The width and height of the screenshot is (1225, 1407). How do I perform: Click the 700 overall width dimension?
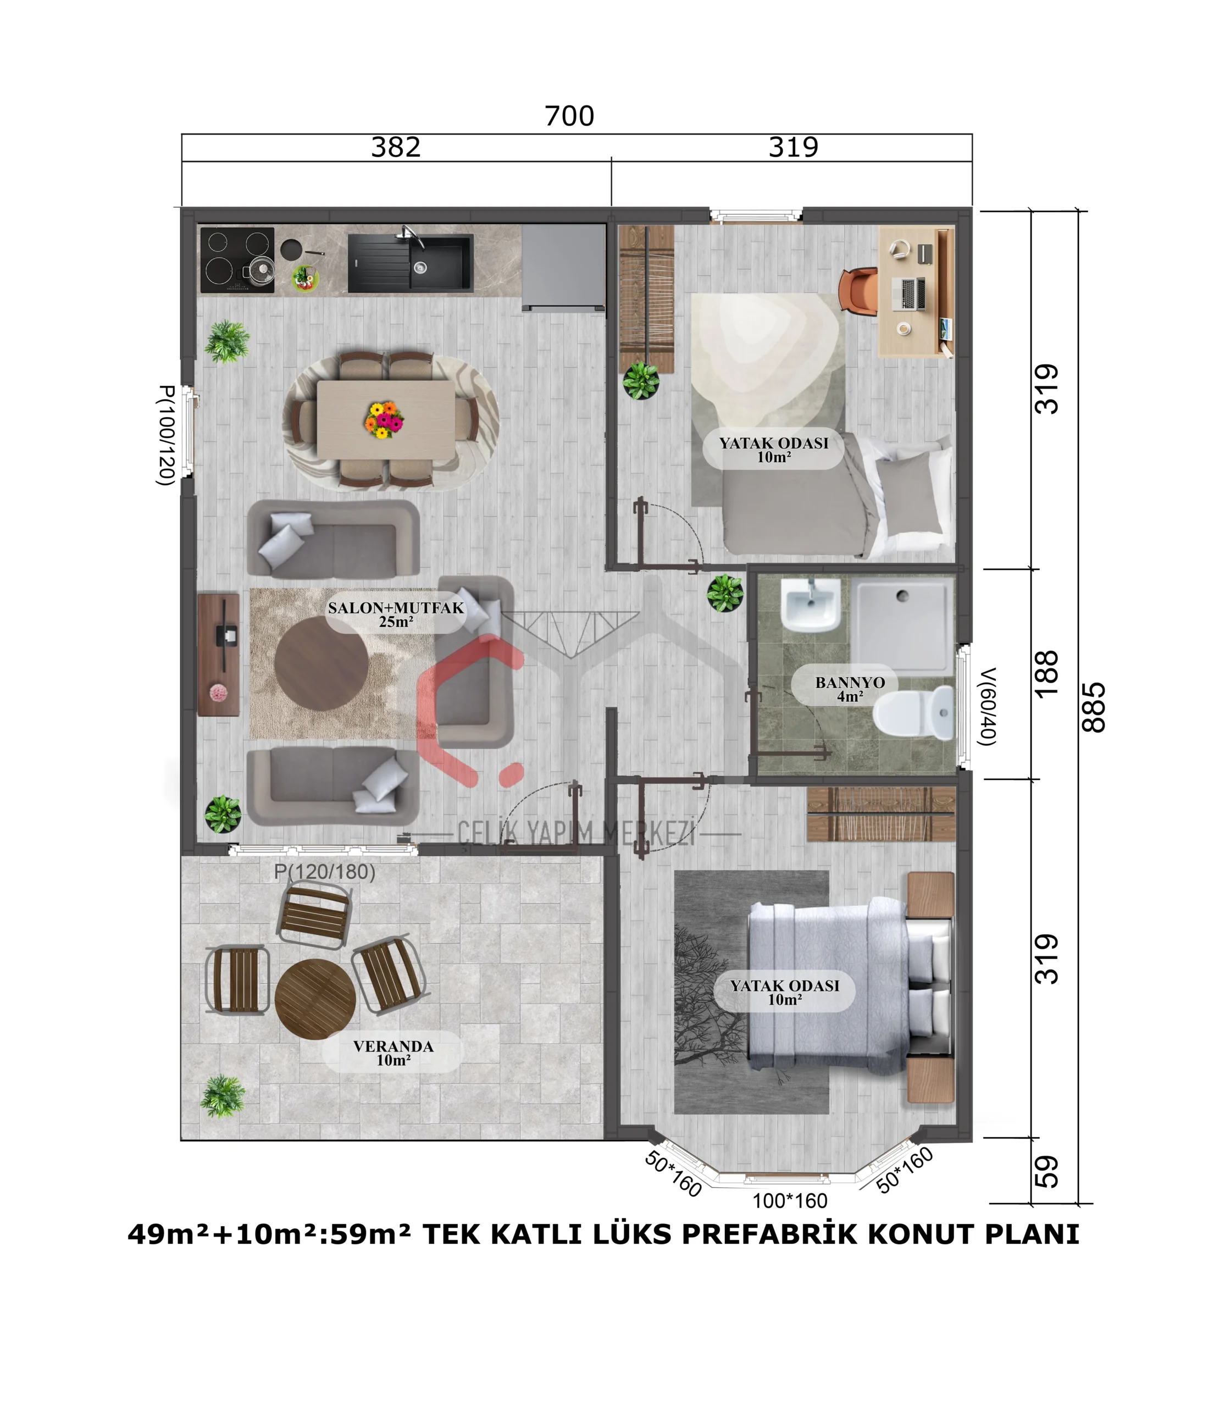569,116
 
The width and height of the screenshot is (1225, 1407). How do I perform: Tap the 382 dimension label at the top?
396,147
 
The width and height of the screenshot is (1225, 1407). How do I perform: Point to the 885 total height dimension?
1094,707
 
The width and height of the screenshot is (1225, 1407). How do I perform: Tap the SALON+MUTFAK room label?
396,608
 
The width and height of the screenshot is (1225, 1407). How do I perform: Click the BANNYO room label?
850,682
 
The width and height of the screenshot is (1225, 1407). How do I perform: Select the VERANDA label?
393,1046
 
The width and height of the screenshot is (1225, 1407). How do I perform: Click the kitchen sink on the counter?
410,263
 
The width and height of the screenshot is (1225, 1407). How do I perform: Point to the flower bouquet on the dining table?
384,420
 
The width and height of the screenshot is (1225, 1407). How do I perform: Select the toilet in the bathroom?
913,713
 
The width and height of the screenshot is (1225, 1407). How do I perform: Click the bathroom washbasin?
810,606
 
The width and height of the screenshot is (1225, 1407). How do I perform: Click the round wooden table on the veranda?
315,999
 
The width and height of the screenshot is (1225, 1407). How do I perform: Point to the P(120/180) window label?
325,872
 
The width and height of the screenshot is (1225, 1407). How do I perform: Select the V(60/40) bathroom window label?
987,706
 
